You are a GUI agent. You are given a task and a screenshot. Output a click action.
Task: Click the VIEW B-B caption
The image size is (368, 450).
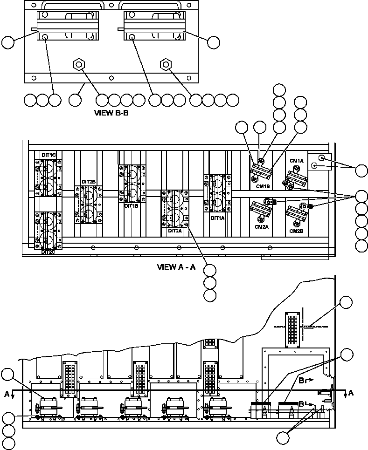[111, 112]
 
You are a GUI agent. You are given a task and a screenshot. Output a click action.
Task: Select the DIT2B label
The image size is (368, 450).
[89, 182]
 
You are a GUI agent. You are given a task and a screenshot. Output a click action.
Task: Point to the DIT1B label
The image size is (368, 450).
[131, 206]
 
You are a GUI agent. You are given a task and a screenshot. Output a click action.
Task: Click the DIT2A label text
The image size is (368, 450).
[175, 230]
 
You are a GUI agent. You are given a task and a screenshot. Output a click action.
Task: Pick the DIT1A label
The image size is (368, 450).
[218, 218]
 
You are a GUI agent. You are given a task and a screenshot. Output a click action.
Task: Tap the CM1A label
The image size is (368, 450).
[297, 161]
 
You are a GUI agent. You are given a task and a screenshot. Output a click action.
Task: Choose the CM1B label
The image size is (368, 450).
[263, 186]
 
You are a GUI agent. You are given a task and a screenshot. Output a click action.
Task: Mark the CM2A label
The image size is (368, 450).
[262, 227]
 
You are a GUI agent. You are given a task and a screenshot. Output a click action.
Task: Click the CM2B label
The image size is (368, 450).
[297, 231]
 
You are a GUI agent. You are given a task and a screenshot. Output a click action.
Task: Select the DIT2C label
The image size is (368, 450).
[49, 252]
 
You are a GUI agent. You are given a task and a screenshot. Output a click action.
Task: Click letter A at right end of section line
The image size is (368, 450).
[351, 393]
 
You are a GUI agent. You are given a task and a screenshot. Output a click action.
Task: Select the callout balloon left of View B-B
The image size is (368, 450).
[8, 42]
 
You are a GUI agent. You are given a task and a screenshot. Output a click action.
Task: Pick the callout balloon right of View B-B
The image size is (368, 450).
[213, 42]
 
